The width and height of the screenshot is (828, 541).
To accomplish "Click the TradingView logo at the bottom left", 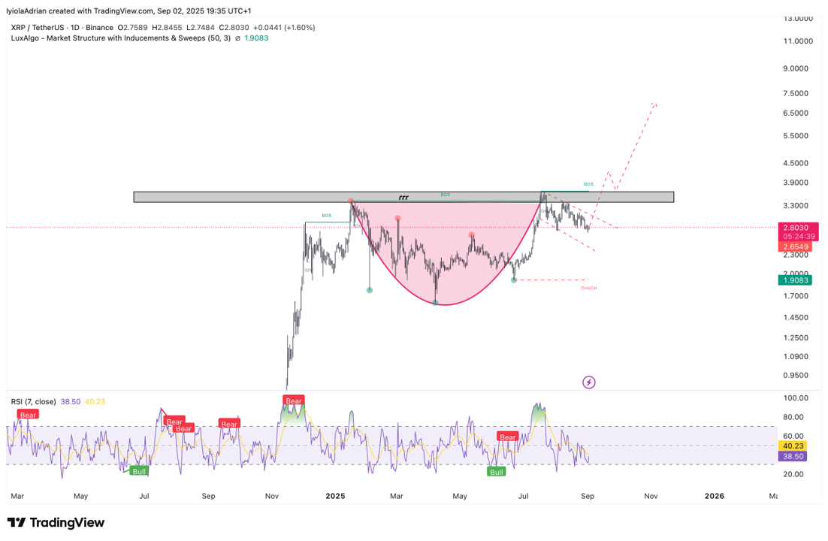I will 56,523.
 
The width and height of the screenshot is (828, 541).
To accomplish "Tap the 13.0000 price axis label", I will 798,18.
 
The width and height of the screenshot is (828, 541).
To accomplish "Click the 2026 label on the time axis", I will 715,496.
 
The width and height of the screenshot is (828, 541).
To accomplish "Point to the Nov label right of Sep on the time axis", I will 651,496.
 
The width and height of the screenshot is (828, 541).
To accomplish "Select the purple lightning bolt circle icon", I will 589,382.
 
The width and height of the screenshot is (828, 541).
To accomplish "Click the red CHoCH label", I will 588,288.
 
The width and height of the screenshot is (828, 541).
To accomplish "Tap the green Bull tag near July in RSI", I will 496,472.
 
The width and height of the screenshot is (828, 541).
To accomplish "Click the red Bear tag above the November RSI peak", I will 294,400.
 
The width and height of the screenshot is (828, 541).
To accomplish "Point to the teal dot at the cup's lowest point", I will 436,302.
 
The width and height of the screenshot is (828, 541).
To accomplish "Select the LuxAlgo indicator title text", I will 139,38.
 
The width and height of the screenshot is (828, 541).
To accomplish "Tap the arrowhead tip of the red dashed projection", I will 656,104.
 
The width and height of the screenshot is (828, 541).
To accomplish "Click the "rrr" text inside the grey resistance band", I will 403,198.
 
